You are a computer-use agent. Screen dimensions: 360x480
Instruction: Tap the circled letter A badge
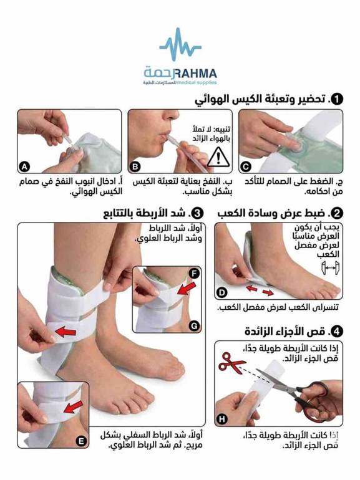pyautogui.click(x=24, y=167)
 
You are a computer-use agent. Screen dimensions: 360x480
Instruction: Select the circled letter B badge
pyautogui.click(x=135, y=167)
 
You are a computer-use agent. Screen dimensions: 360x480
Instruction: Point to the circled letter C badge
pyautogui.click(x=246, y=167)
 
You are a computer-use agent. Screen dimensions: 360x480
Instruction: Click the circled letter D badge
pyautogui.click(x=221, y=293)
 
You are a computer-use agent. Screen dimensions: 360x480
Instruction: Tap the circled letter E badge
pyautogui.click(x=81, y=441)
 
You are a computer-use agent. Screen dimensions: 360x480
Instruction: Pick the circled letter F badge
pyautogui.click(x=194, y=274)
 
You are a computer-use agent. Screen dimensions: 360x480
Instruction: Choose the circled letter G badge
pyautogui.click(x=194, y=326)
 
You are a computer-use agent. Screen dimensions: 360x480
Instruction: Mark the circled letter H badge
pyautogui.click(x=222, y=419)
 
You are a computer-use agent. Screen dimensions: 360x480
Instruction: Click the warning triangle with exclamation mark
pyautogui.click(x=218, y=157)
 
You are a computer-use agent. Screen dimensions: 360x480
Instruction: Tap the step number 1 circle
pyautogui.click(x=338, y=99)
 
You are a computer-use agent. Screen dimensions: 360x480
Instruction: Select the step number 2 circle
pyautogui.click(x=338, y=213)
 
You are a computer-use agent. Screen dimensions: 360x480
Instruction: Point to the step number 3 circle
pyautogui.click(x=198, y=213)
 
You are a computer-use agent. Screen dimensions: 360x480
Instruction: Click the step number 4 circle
pyautogui.click(x=338, y=332)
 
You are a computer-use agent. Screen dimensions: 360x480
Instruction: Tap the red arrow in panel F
pyautogui.click(x=187, y=289)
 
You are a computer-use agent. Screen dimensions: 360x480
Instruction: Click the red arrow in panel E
pyautogui.click(x=74, y=407)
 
